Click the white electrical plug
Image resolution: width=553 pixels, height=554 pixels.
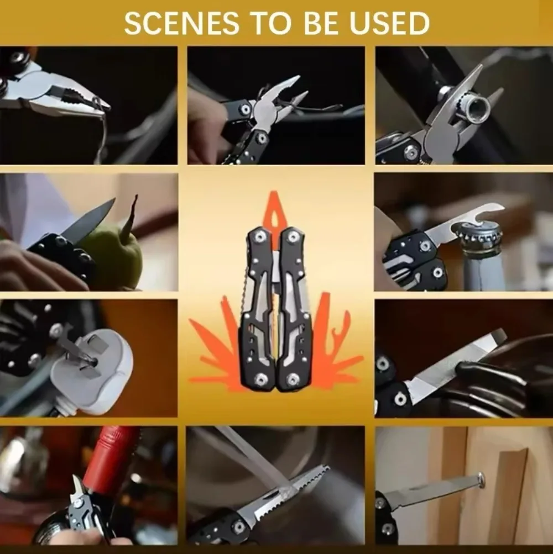[x=94, y=370]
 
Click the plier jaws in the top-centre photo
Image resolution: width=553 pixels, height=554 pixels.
[x=282, y=99]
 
